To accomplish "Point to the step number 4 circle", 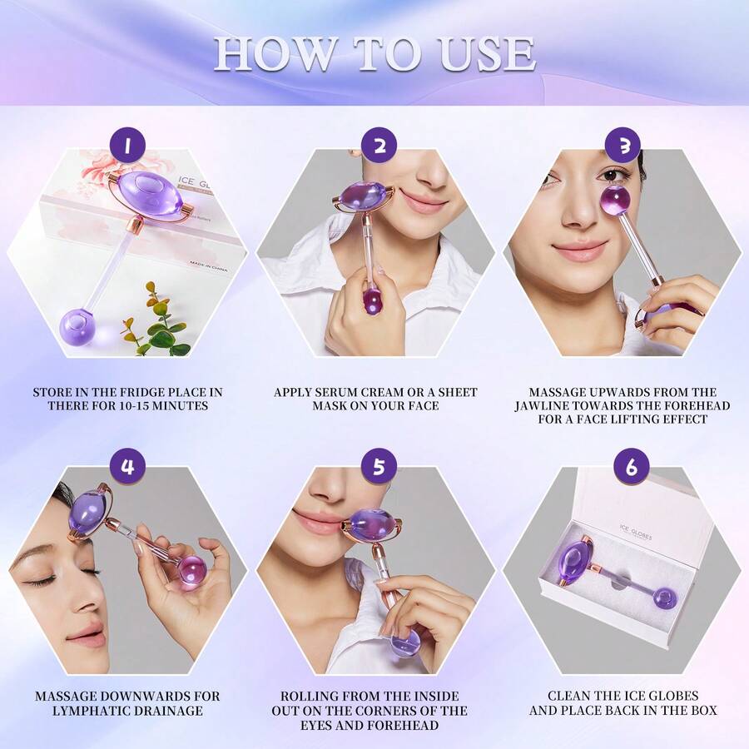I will point(127,467).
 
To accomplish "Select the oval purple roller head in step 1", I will point(146,196).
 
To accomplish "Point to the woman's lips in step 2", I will point(424,201).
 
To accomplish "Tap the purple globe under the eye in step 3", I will point(615,200).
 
